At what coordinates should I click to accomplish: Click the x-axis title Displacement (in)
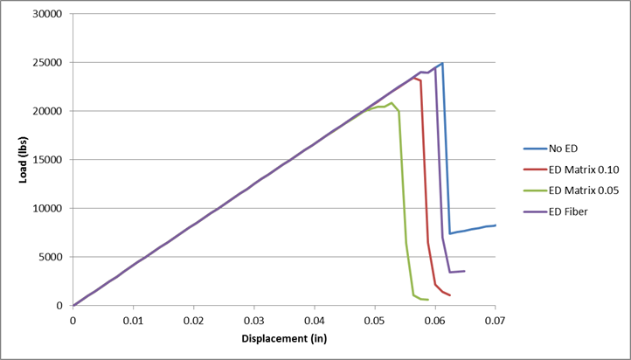pyautogui.click(x=284, y=339)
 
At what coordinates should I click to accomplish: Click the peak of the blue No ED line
pyautogui.click(x=442, y=63)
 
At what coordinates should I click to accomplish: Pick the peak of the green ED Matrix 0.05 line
pyautogui.click(x=392, y=103)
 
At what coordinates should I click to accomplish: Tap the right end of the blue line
pyautogui.click(x=496, y=225)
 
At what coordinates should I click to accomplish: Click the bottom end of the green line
pyautogui.click(x=427, y=300)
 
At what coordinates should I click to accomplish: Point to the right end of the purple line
pyautogui.click(x=464, y=271)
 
